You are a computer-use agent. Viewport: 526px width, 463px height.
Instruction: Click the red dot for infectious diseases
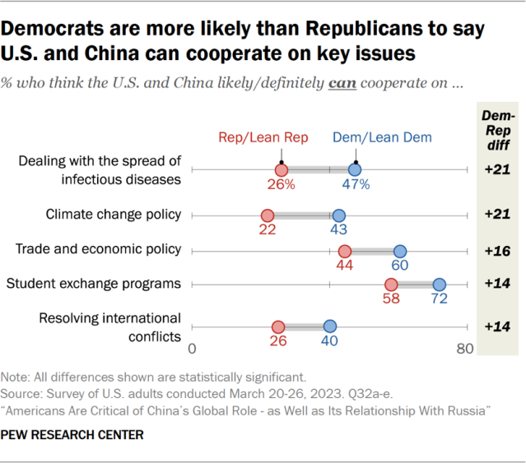tap(281, 169)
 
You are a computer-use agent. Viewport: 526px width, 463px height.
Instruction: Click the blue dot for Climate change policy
tap(338, 215)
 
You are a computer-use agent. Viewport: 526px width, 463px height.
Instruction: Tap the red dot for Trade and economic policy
tap(344, 251)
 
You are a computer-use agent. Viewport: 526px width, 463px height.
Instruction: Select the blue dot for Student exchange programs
tap(440, 285)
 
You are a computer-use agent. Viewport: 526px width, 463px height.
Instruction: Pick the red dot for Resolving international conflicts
tap(278, 326)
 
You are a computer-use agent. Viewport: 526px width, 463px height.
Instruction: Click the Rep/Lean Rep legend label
tap(263, 138)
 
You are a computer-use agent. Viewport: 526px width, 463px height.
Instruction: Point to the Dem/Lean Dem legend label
tap(372, 138)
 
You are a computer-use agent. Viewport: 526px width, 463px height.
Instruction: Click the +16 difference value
tap(497, 250)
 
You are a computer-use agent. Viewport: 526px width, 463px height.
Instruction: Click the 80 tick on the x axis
tap(464, 349)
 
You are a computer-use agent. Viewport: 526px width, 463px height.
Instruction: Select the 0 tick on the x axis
tap(192, 349)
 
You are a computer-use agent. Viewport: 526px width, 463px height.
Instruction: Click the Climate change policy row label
tap(114, 215)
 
